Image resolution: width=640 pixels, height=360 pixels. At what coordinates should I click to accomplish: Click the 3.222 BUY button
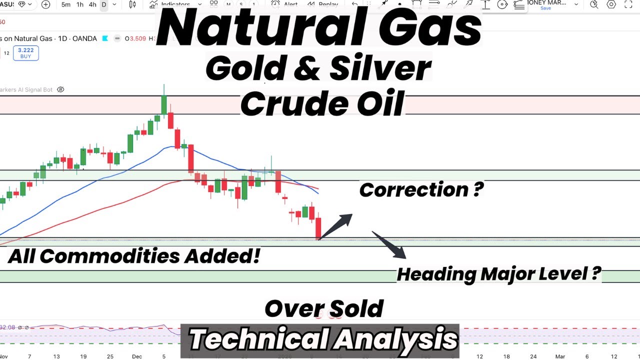[x=25, y=53]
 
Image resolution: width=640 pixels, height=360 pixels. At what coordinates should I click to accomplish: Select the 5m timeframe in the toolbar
[x=66, y=4]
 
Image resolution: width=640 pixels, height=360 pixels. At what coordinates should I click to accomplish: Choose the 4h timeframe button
[x=92, y=4]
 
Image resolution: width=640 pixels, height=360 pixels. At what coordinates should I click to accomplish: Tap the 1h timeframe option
[x=79, y=4]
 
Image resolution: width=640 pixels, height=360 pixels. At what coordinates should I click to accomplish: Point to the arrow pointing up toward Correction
[x=335, y=226]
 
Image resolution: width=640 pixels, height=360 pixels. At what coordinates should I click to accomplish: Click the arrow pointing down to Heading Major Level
[x=388, y=245]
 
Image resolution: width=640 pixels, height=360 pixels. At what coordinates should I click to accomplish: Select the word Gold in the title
[x=245, y=69]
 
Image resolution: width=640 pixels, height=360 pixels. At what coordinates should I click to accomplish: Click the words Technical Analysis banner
[x=323, y=339]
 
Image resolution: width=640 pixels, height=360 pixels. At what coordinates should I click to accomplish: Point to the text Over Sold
[x=324, y=308]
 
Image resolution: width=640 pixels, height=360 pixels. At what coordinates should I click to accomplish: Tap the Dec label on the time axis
[x=137, y=356]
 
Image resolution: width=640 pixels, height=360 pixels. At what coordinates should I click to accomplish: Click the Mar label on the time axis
[x=560, y=356]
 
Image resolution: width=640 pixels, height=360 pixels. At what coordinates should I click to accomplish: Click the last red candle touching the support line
[x=318, y=228]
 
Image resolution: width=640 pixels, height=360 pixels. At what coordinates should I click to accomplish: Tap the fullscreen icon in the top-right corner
[x=628, y=4]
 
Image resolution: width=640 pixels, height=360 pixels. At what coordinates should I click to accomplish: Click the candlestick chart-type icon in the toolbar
[x=132, y=4]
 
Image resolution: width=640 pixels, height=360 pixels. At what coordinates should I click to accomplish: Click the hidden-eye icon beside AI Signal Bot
[x=60, y=89]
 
